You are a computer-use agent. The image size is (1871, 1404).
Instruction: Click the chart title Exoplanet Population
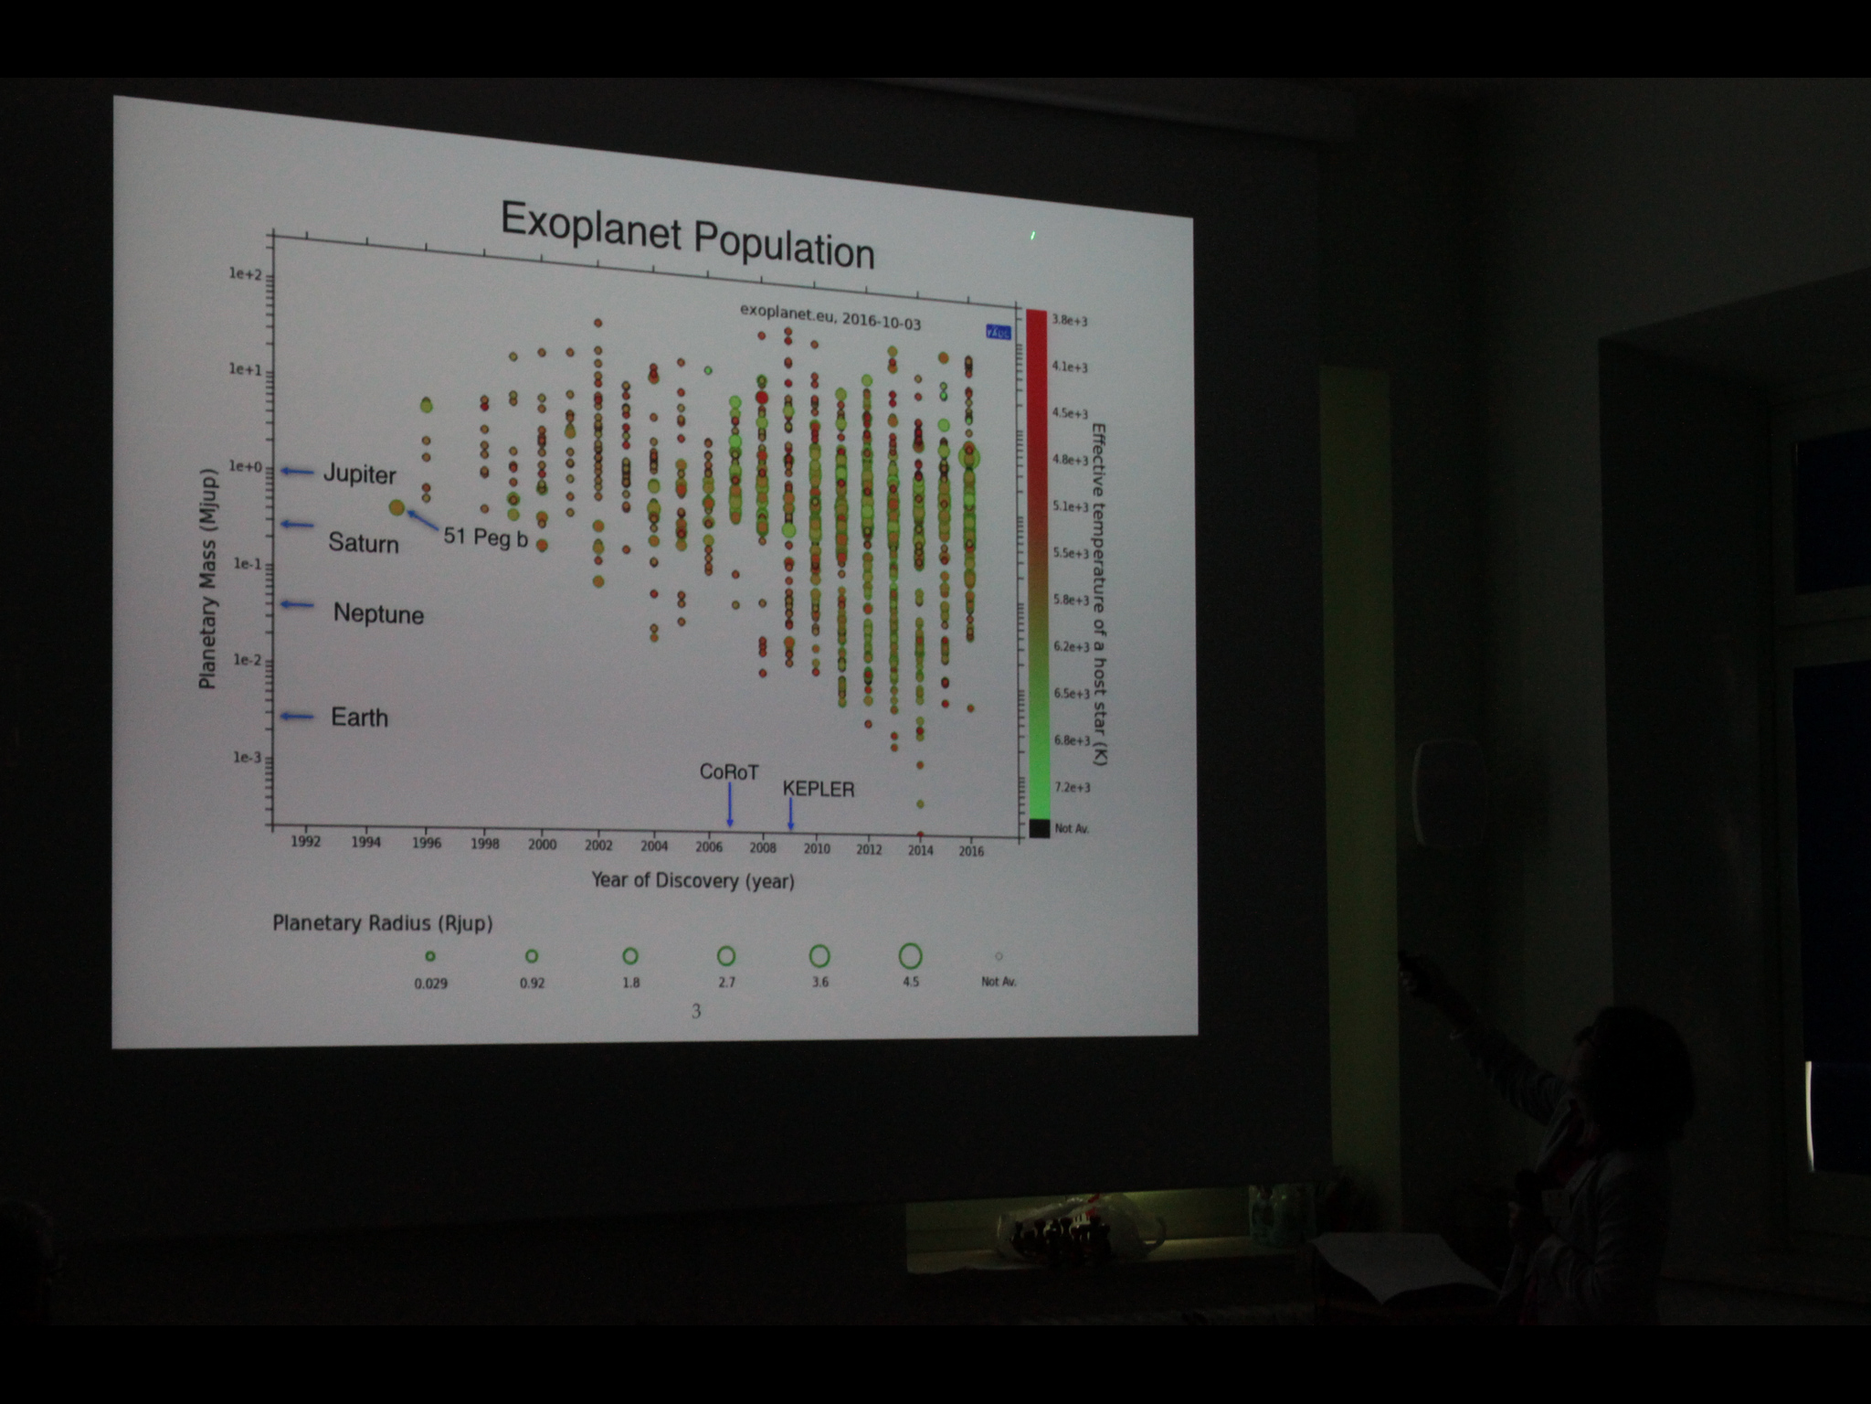[x=687, y=236]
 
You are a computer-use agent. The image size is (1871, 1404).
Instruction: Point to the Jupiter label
[x=360, y=474]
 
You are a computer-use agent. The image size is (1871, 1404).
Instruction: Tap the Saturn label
[x=364, y=543]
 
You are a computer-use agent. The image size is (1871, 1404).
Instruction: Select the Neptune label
[x=378, y=613]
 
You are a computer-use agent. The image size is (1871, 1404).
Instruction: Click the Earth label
[x=359, y=718]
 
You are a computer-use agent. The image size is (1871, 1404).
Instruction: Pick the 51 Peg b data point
[x=396, y=507]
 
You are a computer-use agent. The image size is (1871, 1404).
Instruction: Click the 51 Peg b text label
[x=485, y=537]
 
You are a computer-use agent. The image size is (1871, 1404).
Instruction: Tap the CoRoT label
[x=728, y=772]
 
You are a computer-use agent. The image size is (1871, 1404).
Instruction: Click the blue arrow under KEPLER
[x=790, y=813]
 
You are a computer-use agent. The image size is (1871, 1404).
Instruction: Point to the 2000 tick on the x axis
[x=542, y=845]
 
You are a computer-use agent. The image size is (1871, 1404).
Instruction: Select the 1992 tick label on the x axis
[x=306, y=841]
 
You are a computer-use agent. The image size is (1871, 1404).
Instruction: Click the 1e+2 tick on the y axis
[x=246, y=273]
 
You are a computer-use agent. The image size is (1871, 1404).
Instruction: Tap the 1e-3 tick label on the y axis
[x=247, y=757]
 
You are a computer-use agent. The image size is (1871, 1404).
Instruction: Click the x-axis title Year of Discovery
[x=692, y=880]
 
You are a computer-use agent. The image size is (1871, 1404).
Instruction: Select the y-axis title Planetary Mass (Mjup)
[x=208, y=580]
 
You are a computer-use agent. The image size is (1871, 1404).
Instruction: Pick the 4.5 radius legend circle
[x=910, y=956]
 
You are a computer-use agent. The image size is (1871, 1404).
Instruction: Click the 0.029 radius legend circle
[x=430, y=957]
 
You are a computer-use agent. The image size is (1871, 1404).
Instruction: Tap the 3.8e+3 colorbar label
[x=1069, y=320]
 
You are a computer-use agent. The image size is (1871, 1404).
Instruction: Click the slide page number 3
[x=696, y=1011]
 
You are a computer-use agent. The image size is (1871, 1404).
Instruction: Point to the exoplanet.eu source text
[x=830, y=317]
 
